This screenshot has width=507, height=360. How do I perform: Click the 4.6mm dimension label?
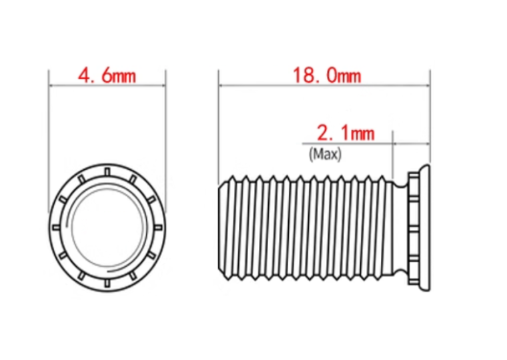(x=107, y=76)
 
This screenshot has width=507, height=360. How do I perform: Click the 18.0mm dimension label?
(x=327, y=75)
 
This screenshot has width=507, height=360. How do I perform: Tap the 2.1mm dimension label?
(x=346, y=133)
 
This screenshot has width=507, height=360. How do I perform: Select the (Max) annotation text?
(x=325, y=154)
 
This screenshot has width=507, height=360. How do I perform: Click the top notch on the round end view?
(x=107, y=171)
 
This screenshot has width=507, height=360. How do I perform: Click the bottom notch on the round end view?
(x=107, y=283)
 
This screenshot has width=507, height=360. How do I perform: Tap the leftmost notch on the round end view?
(x=56, y=227)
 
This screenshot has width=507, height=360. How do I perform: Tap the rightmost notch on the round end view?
(x=158, y=227)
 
